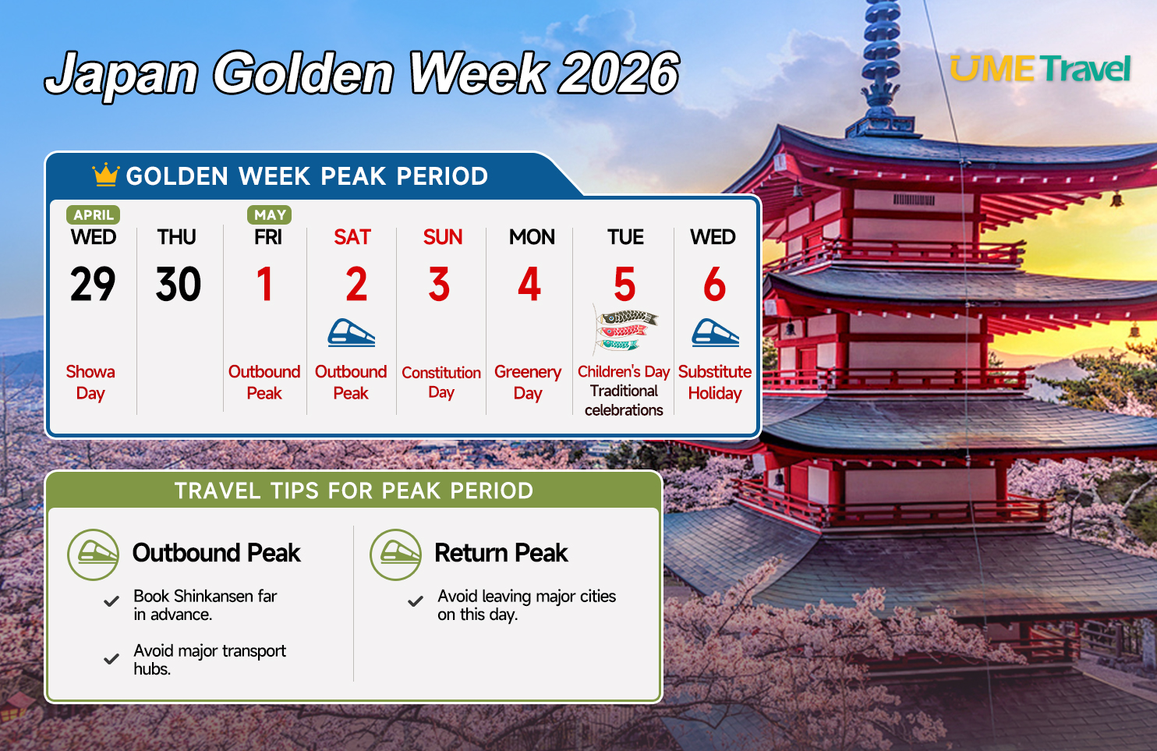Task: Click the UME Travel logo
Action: click(x=1040, y=69)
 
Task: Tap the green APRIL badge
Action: click(x=94, y=214)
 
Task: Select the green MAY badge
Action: click(x=270, y=214)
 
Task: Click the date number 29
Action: click(x=93, y=285)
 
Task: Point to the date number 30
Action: click(x=179, y=285)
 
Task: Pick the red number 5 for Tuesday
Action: click(x=624, y=285)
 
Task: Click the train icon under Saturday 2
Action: click(x=352, y=333)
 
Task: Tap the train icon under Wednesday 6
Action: click(x=716, y=333)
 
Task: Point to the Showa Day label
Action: click(x=90, y=382)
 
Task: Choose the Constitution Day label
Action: click(x=441, y=382)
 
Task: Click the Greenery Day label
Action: click(x=528, y=382)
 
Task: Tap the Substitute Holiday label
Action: click(x=715, y=382)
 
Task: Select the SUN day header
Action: click(x=443, y=237)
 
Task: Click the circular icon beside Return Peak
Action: click(x=396, y=554)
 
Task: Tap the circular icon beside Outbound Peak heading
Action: click(x=94, y=554)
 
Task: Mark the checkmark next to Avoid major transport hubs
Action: click(x=111, y=659)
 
